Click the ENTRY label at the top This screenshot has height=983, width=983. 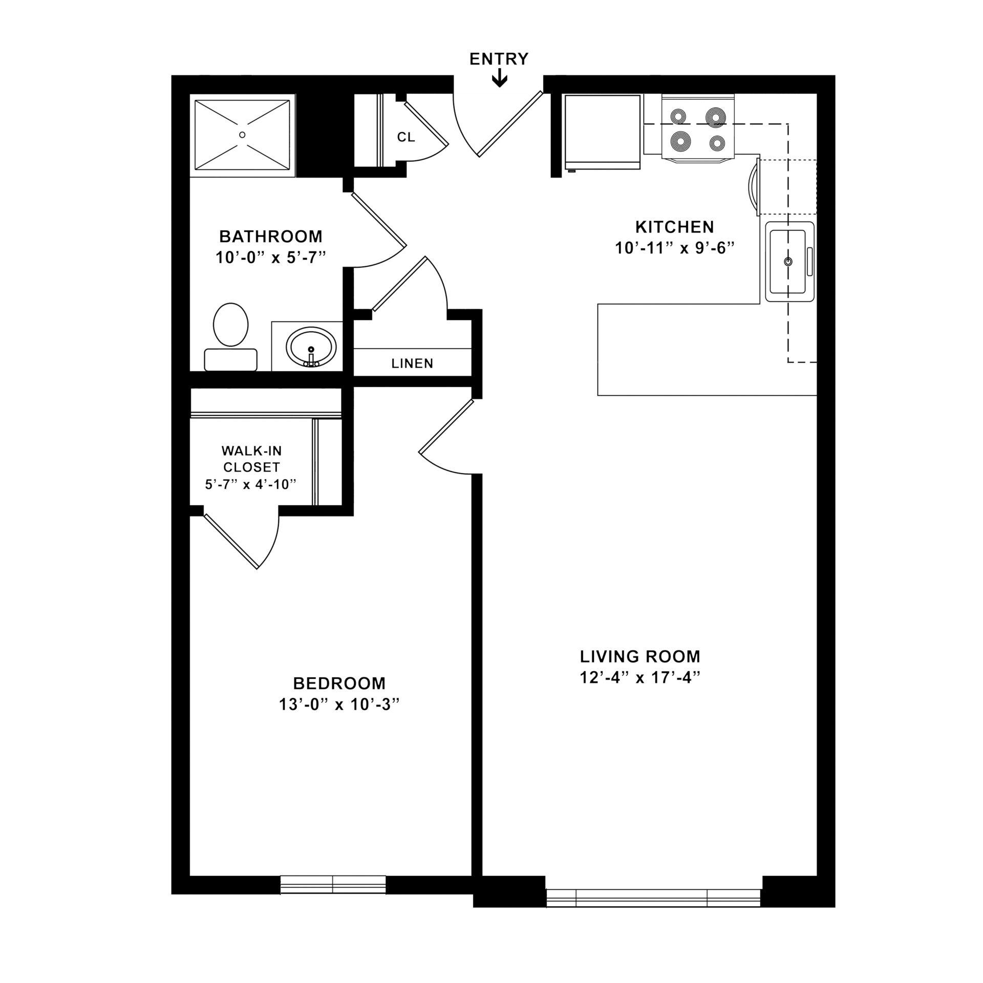pyautogui.click(x=499, y=59)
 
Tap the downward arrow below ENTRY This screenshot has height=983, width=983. pyautogui.click(x=499, y=79)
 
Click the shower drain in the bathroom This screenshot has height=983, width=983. pyautogui.click(x=242, y=135)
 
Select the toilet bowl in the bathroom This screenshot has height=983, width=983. pyautogui.click(x=231, y=324)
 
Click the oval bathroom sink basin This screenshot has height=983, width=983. pyautogui.click(x=311, y=347)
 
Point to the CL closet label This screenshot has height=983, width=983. pyautogui.click(x=406, y=137)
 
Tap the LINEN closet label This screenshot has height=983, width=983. pyautogui.click(x=412, y=364)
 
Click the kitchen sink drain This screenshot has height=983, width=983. pyautogui.click(x=788, y=262)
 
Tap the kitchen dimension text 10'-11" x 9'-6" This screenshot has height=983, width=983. pyautogui.click(x=674, y=248)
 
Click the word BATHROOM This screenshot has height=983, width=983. pyautogui.click(x=271, y=237)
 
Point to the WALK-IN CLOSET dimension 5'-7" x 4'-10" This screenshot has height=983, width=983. pyautogui.click(x=251, y=484)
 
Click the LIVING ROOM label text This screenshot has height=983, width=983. pyautogui.click(x=639, y=656)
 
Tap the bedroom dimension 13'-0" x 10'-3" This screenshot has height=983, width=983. pyautogui.click(x=338, y=705)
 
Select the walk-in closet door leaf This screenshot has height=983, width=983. pyautogui.click(x=230, y=542)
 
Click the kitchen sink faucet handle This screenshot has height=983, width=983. pyautogui.click(x=809, y=262)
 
